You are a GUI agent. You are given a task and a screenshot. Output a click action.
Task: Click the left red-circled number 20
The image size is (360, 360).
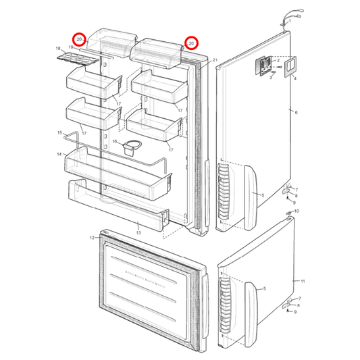click(x=80, y=41)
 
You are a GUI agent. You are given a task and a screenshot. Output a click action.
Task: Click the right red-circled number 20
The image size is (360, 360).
click(x=192, y=44)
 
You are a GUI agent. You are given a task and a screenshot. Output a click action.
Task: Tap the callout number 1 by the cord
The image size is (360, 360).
click(x=290, y=21)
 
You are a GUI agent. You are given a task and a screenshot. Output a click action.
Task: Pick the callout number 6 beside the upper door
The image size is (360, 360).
click(x=295, y=111)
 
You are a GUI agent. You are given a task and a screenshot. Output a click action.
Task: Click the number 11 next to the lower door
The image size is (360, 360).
click(x=303, y=280)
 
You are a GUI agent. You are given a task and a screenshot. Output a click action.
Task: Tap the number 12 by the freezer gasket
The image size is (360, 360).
click(x=92, y=238)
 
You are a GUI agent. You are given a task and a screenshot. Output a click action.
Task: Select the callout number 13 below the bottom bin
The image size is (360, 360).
click(x=138, y=232)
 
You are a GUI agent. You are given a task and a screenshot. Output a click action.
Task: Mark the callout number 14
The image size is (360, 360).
click(x=60, y=155)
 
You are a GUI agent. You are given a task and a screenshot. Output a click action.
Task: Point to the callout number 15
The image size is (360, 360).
click(x=59, y=133)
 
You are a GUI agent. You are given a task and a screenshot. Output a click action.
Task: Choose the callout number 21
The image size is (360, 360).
click(x=214, y=60)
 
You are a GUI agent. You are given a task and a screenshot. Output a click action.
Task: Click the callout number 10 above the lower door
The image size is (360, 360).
click(x=297, y=211)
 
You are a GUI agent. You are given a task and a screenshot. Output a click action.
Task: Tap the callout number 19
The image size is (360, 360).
click(x=70, y=47)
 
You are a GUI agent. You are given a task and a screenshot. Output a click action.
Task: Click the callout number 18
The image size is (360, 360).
click(x=58, y=49)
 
